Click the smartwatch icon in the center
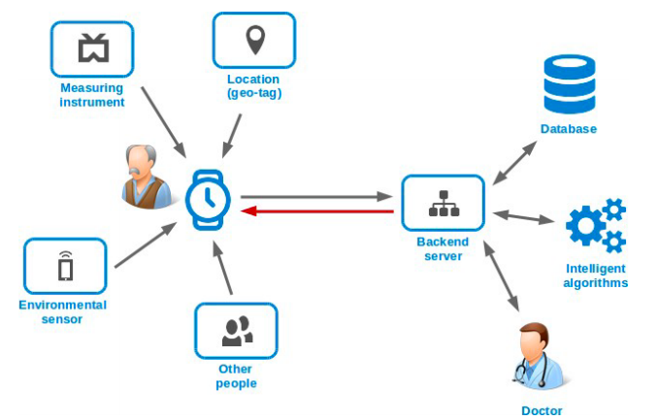coord(208,200)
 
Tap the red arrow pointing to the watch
coord(317,210)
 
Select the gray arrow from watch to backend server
coord(316,196)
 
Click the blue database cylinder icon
coord(570,84)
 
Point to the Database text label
coord(568,128)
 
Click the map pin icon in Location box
coord(255,40)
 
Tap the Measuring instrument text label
coord(92,95)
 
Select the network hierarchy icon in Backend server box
coord(444,204)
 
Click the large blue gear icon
coord(586,226)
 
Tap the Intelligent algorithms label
coord(596,275)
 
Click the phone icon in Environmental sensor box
coord(66,266)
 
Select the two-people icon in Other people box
coord(238,332)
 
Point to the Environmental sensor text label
coord(63,312)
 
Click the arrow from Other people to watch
coord(223,268)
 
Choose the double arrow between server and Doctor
coord(502,276)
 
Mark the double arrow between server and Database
coord(514,163)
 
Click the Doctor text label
coord(542,410)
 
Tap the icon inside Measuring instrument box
coord(93,48)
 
